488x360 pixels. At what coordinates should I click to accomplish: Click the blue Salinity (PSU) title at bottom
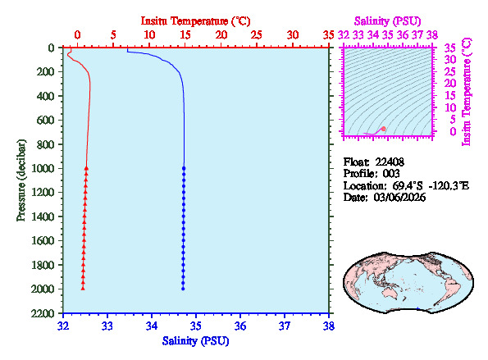(196, 340)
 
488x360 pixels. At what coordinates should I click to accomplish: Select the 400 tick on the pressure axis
(46, 96)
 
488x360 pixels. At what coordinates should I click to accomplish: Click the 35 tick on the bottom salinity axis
(196, 326)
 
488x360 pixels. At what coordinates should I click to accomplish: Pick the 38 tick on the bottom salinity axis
(329, 326)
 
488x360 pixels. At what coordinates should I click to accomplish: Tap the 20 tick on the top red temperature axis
(221, 35)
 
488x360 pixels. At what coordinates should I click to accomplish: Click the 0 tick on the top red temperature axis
(77, 35)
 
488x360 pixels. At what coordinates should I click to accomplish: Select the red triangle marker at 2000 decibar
(83, 288)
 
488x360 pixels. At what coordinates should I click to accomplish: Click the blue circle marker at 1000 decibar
(184, 168)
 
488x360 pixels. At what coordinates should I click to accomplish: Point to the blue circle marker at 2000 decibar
(183, 288)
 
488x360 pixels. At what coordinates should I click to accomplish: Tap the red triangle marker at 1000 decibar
(86, 168)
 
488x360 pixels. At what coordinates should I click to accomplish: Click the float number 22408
(390, 161)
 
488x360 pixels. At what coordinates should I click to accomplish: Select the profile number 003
(388, 174)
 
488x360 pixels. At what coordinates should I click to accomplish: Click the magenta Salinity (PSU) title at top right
(387, 20)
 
